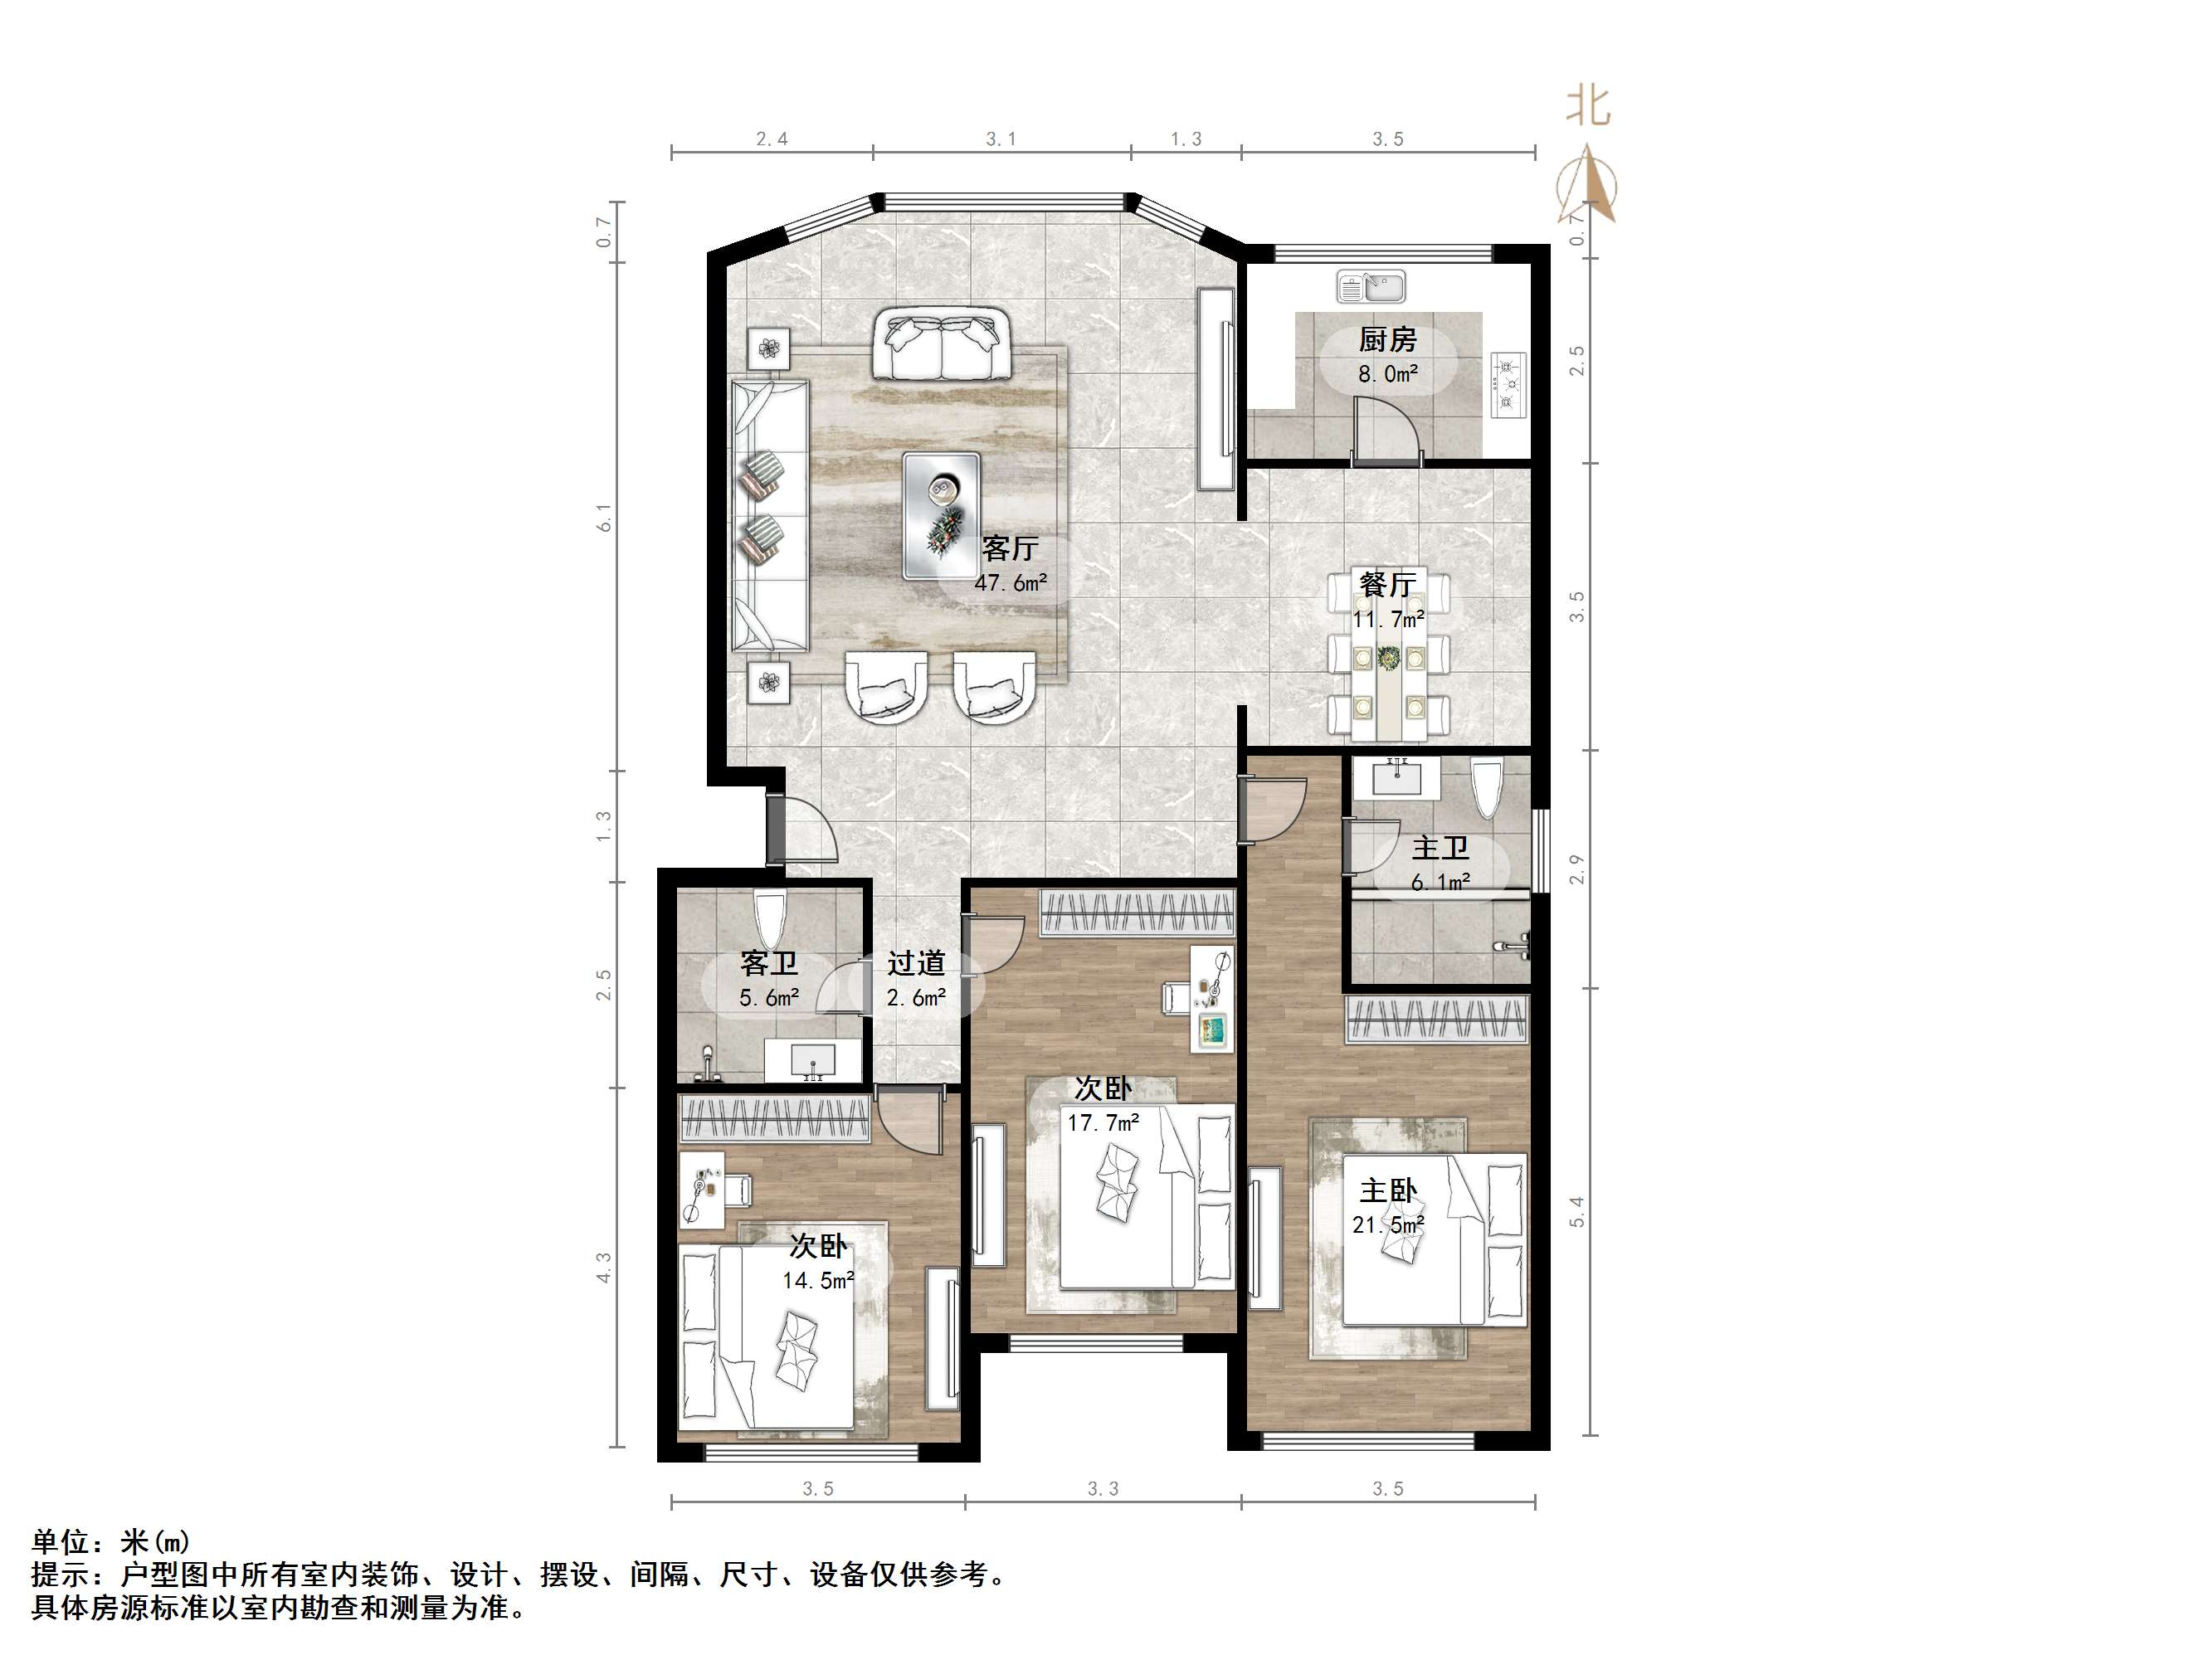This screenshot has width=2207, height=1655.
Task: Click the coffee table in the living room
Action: click(x=941, y=515)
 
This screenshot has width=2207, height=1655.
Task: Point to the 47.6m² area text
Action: click(x=1010, y=582)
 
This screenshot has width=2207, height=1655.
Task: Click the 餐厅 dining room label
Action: click(x=1387, y=583)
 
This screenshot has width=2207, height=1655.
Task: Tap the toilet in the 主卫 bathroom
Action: click(x=1486, y=789)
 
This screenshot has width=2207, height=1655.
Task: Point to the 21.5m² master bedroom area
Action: click(x=1387, y=1224)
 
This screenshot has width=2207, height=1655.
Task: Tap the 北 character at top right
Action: click(x=1587, y=105)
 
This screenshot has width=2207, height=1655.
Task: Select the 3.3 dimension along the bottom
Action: click(x=1103, y=1488)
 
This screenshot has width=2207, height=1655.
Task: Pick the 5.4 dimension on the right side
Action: click(x=1577, y=1212)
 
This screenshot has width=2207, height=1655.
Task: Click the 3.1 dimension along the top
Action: click(x=1001, y=139)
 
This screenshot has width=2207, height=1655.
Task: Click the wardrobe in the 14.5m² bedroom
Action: click(x=774, y=1117)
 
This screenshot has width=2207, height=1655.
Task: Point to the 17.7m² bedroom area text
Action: click(x=1103, y=1123)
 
